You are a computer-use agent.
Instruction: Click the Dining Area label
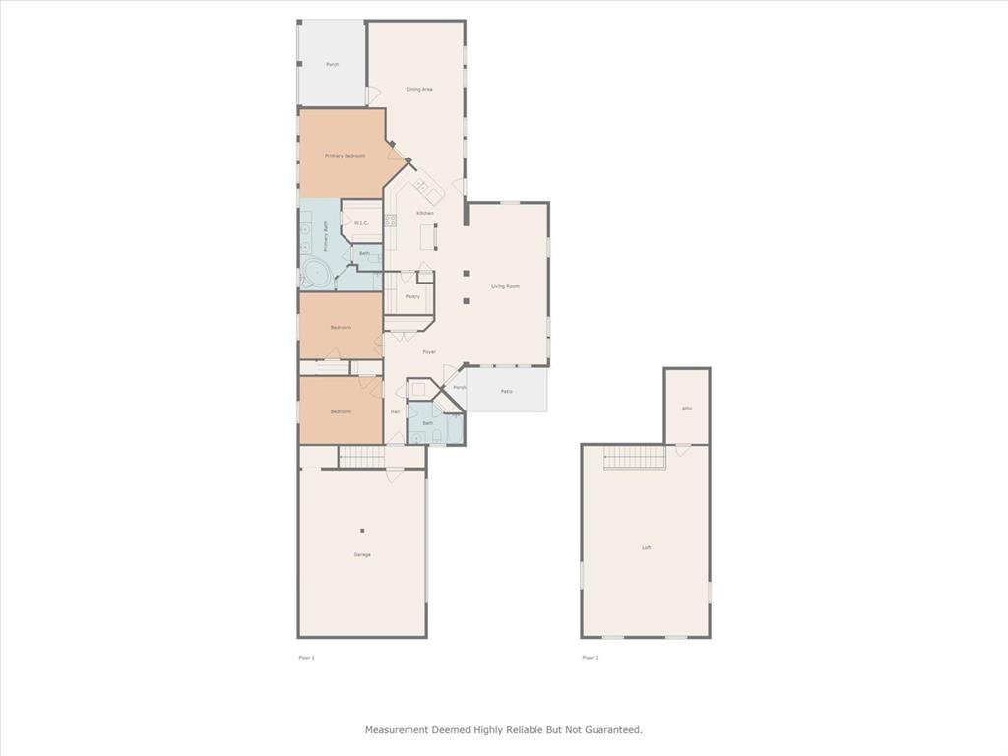(419, 90)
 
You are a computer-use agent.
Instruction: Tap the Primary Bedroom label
(346, 156)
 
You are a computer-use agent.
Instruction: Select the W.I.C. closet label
(361, 223)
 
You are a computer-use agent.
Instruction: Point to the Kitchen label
(424, 213)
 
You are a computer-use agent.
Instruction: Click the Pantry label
(412, 296)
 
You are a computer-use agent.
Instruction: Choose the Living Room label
(505, 286)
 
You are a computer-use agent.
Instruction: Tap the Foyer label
(429, 351)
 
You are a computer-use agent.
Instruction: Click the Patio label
(506, 392)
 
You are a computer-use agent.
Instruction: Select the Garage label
(362, 554)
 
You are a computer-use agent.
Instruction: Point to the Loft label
(646, 548)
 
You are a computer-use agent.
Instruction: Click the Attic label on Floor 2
(687, 408)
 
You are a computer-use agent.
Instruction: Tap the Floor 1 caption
(306, 657)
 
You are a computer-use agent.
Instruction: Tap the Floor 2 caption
(590, 657)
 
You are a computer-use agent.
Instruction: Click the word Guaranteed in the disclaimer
(611, 730)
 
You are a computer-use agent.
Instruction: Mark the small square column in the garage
(361, 530)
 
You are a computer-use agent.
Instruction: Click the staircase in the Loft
(634, 458)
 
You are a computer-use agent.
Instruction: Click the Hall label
(395, 411)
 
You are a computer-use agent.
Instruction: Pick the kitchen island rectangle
(428, 238)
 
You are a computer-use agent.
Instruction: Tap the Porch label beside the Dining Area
(333, 64)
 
